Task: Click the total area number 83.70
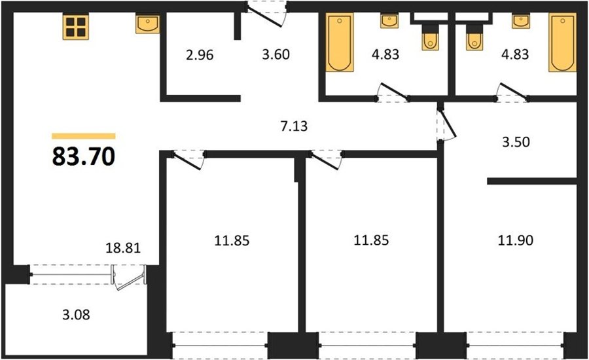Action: click(83, 156)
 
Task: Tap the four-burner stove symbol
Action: click(76, 27)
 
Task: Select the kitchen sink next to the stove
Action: click(147, 24)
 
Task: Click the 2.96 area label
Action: click(200, 55)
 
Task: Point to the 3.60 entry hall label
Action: click(276, 54)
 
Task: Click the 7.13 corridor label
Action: click(294, 126)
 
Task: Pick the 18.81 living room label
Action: click(123, 248)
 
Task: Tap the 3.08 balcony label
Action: click(76, 314)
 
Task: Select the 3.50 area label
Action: click(516, 142)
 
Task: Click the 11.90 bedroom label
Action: click(516, 240)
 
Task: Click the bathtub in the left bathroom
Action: click(340, 42)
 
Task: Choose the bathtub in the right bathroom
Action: click(562, 42)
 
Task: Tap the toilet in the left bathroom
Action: click(430, 37)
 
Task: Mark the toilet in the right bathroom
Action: click(474, 37)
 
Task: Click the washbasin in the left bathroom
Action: click(389, 21)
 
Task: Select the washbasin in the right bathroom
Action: click(521, 21)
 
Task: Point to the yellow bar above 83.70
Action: click(83, 136)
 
